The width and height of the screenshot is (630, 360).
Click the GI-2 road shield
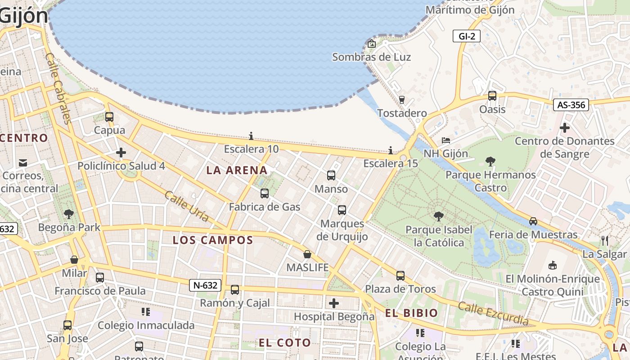[467, 36]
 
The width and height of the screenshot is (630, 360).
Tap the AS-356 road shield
[571, 105]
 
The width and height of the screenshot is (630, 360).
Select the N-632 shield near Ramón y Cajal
[205, 285]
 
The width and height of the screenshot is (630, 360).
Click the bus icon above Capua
[109, 117]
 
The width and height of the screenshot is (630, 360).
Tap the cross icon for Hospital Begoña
[334, 303]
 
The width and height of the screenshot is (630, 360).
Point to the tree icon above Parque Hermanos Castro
[490, 161]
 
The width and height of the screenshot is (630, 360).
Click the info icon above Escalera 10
[251, 136]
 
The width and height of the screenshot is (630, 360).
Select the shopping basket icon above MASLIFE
[307, 254]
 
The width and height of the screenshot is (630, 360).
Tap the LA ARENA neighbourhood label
[237, 170]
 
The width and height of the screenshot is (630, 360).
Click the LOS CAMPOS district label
[213, 240]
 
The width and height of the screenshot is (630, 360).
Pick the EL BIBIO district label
[411, 313]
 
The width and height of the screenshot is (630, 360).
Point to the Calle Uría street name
[186, 206]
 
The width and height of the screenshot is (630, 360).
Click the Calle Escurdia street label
[493, 313]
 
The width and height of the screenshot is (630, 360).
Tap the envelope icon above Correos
[23, 162]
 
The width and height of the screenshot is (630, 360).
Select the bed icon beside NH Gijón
[446, 140]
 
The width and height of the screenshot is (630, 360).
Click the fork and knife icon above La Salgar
[605, 241]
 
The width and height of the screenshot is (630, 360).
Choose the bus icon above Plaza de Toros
[400, 275]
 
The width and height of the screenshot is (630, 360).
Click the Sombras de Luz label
[371, 57]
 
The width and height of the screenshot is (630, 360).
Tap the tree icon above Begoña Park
[69, 214]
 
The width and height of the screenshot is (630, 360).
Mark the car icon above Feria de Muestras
[533, 221]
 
